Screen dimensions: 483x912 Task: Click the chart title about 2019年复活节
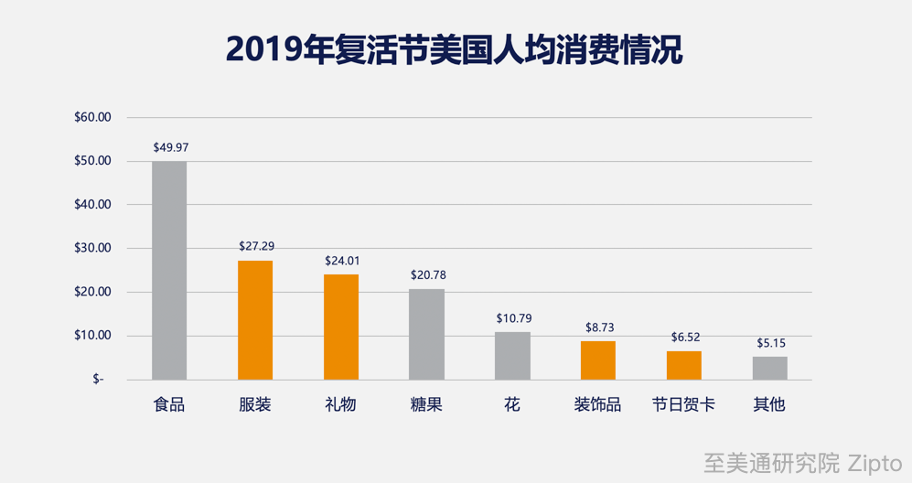pyautogui.click(x=455, y=49)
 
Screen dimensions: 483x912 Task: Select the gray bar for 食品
pyautogui.click(x=169, y=271)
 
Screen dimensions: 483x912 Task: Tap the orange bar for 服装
pyautogui.click(x=255, y=320)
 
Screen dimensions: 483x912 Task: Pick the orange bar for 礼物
pyautogui.click(x=341, y=327)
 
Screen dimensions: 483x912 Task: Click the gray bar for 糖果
pyautogui.click(x=426, y=335)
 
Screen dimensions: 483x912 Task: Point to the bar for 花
pyautogui.click(x=512, y=356)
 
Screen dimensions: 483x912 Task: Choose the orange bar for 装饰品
pyautogui.click(x=598, y=360)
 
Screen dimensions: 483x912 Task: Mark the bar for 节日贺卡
pyautogui.click(x=683, y=365)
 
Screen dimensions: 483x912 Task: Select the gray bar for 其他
pyautogui.click(x=769, y=369)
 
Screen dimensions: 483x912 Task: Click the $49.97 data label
pyautogui.click(x=170, y=147)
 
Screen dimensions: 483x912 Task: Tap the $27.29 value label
pyautogui.click(x=255, y=247)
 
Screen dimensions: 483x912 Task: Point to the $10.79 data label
pyautogui.click(x=513, y=318)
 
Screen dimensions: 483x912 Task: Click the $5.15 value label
pyautogui.click(x=770, y=344)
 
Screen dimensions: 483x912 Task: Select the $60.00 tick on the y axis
pyautogui.click(x=92, y=117)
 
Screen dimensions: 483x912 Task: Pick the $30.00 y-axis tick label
pyautogui.click(x=92, y=248)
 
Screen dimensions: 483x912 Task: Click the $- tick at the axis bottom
pyautogui.click(x=98, y=380)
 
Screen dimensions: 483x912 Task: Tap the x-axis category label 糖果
pyautogui.click(x=426, y=404)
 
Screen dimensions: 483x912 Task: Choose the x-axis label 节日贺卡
pyautogui.click(x=683, y=404)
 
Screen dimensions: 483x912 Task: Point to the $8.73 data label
pyautogui.click(x=599, y=327)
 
